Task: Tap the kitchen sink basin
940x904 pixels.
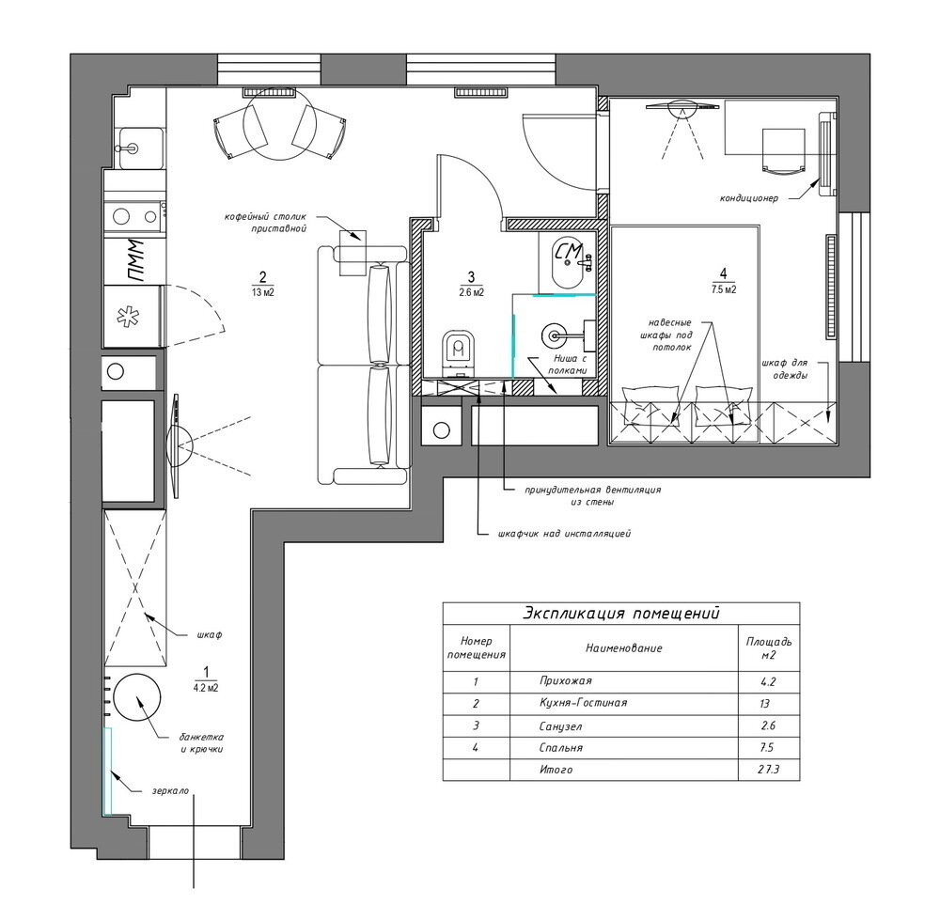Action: tap(142, 148)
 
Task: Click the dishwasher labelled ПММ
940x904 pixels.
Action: tap(134, 261)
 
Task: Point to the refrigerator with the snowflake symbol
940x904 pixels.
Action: tap(132, 316)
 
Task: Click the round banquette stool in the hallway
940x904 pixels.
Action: tap(137, 697)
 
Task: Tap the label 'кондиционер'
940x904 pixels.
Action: tap(749, 198)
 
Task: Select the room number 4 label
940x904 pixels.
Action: tap(723, 273)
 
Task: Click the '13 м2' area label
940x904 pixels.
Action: tap(262, 292)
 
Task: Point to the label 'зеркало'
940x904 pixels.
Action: tap(169, 790)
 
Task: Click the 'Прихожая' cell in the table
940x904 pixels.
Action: tap(565, 680)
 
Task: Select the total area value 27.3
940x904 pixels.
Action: tap(768, 769)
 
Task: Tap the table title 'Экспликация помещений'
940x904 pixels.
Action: tap(621, 614)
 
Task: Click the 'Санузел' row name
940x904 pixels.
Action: tap(560, 726)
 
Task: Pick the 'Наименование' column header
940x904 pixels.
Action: tap(623, 648)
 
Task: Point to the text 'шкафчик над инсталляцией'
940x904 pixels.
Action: tap(564, 533)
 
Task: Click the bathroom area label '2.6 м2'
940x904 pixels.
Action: tap(471, 292)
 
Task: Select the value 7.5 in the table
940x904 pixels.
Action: tap(767, 748)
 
